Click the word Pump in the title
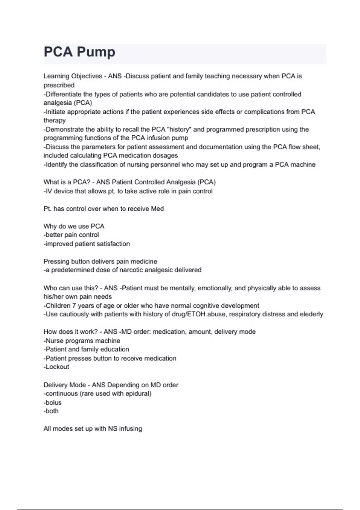pos(96,52)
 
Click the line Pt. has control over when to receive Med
pos(103,209)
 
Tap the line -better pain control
pos(71,235)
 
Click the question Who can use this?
pos(71,288)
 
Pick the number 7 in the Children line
pos(74,306)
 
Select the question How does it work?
pos(70,332)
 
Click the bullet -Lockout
pos(56,367)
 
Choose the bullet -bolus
pos(52,403)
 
